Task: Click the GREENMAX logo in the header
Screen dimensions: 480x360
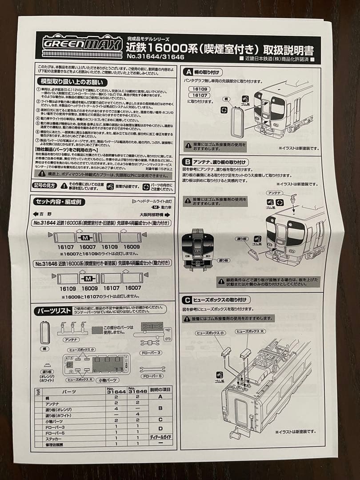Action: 83,45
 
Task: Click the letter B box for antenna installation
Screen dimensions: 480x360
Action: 188,162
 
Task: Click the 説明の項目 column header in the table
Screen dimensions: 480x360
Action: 160,391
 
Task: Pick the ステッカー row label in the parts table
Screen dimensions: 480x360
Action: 56,437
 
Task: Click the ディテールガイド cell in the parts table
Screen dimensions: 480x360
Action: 160,437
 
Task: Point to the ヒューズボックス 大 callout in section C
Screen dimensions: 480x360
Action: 248,332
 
